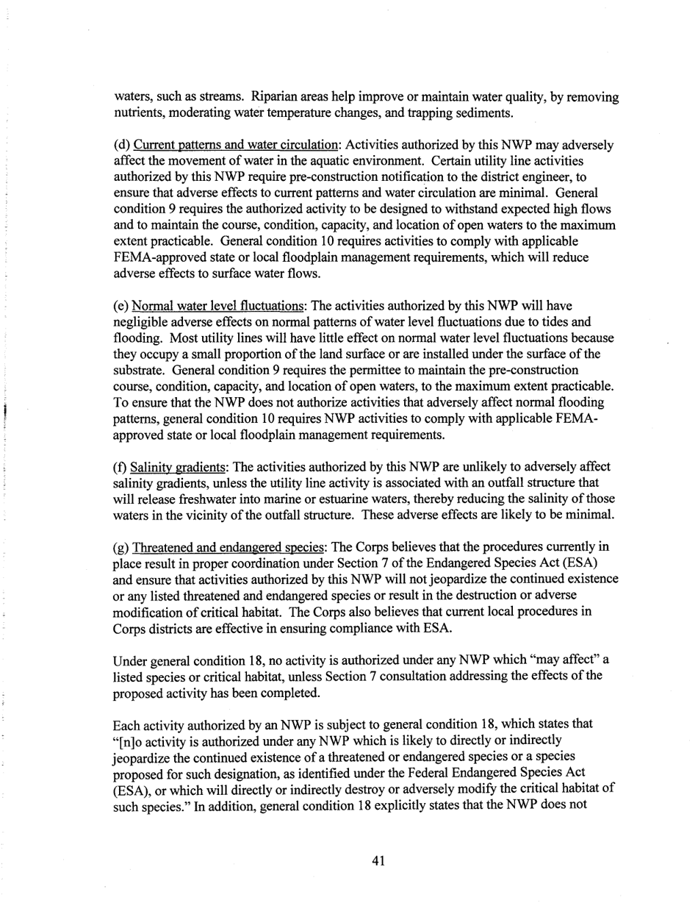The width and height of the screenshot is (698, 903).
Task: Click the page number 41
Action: [378, 861]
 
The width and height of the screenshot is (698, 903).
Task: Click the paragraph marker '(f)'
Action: [120, 468]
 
